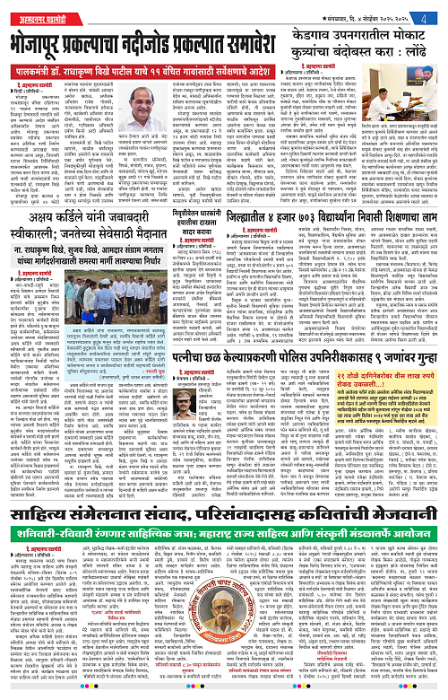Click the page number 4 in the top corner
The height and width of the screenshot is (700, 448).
pos(434,15)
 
